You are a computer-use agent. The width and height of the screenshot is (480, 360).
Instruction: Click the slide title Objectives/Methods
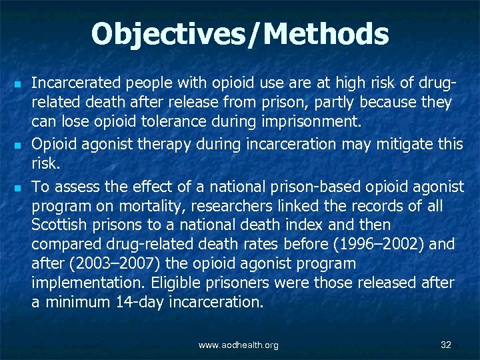(x=240, y=35)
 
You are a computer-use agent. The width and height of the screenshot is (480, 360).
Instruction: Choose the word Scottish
(x=61, y=225)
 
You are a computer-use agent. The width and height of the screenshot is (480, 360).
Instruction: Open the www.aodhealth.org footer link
(x=239, y=345)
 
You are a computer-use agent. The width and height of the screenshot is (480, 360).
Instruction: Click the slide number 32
(x=446, y=345)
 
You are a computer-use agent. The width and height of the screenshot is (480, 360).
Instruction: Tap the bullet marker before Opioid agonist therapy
(x=18, y=143)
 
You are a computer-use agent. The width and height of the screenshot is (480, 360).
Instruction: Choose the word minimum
(x=72, y=302)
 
